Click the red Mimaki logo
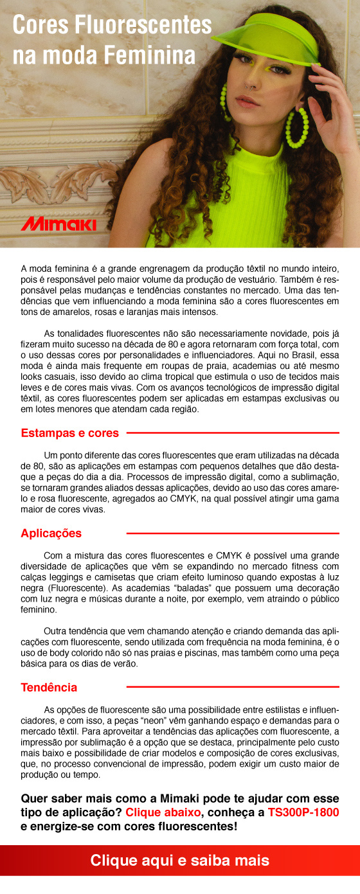point(59,224)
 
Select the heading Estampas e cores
point(70,433)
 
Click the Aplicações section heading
point(51,533)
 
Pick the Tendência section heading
point(49,687)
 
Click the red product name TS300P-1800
point(303,812)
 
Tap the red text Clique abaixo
point(163,812)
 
